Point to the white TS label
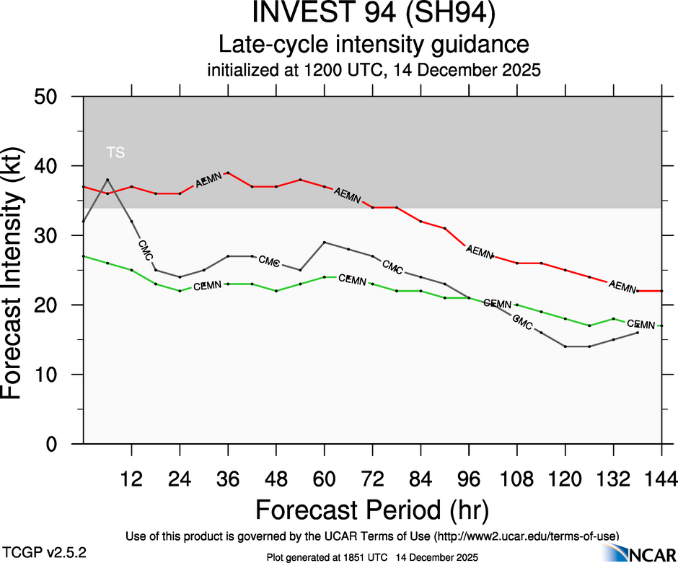coord(115,152)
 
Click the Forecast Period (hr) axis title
coord(372,510)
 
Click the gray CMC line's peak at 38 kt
coord(107,180)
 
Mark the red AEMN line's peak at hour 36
coord(228,173)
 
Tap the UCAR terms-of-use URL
coord(527,536)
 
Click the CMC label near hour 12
coord(145,250)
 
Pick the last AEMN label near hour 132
coord(622,286)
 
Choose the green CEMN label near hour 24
coord(207,287)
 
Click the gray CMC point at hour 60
coord(324,243)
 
